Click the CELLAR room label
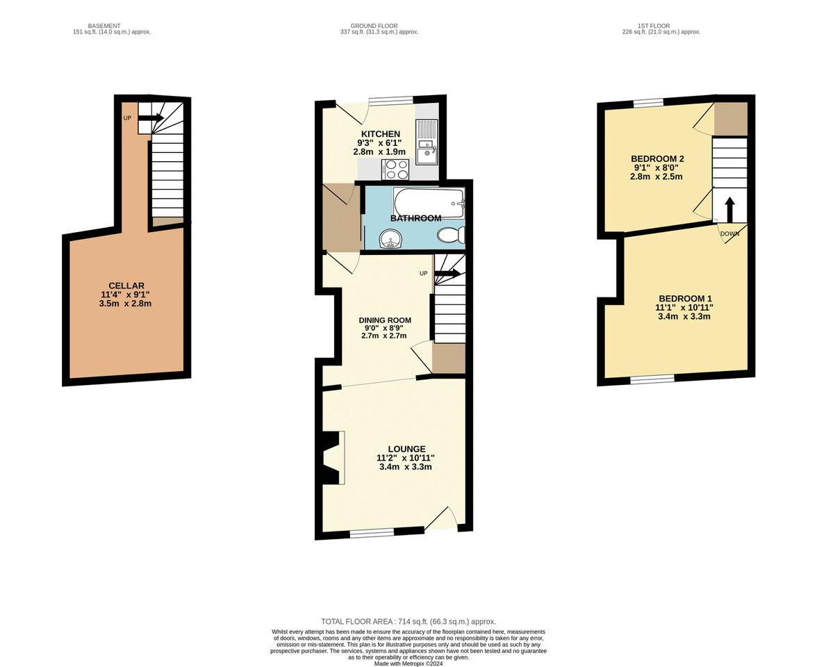coord(126,286)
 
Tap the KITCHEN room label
coord(381,134)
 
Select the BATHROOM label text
coord(415,218)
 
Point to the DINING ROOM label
coord(385,320)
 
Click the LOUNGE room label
coord(406,449)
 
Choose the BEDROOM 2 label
coord(657,159)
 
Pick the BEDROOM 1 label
coord(685,299)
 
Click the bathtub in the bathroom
coord(428,203)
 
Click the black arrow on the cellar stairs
coord(151,118)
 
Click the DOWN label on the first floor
coord(729,234)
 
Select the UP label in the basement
coord(127,118)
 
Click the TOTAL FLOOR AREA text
coord(408,621)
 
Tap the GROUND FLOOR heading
coord(374,26)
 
